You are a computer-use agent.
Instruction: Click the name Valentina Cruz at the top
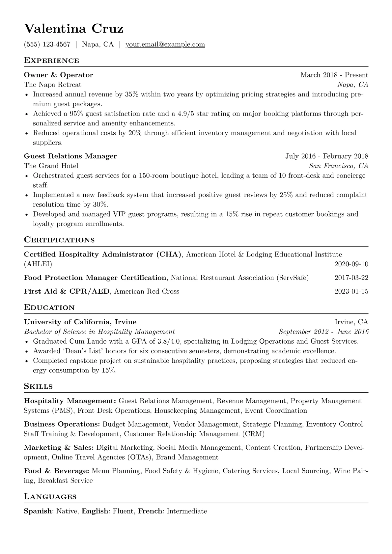tap(74, 29)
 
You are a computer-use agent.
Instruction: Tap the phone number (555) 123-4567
tap(47, 44)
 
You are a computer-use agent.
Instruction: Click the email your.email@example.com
tap(165, 44)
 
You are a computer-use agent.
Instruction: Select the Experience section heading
tap(51, 61)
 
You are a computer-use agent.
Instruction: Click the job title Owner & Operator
tap(58, 75)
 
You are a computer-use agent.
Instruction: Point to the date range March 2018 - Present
tap(334, 75)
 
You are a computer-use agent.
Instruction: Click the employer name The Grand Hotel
tap(51, 166)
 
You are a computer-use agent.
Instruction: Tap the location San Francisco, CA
tap(338, 166)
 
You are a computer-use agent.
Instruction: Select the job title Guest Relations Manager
tap(70, 156)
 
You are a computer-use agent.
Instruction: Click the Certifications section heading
tap(59, 240)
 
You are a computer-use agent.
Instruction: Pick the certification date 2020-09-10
tap(351, 264)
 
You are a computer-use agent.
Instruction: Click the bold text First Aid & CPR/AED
tap(66, 291)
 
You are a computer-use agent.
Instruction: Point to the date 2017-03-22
tap(351, 278)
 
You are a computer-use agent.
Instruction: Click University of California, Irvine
tap(80, 322)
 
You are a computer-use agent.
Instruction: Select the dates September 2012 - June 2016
tap(323, 332)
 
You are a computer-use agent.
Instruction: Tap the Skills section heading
tap(38, 386)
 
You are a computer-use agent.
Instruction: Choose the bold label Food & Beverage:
tap(56, 471)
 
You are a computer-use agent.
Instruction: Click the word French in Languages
tap(150, 511)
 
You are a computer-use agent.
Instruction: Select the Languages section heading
tap(50, 497)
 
